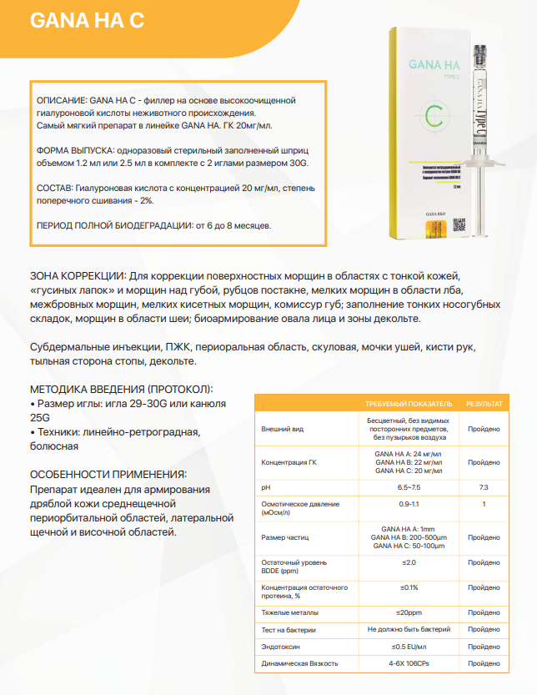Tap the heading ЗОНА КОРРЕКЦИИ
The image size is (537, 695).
click(x=78, y=276)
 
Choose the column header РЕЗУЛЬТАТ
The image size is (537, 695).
click(x=484, y=404)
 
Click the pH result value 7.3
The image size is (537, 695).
click(x=484, y=486)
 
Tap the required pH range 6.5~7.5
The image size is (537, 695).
click(x=409, y=486)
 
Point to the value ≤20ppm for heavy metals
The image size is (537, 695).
click(x=409, y=612)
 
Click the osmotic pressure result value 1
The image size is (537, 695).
click(x=484, y=505)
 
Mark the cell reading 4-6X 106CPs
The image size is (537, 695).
click(x=409, y=663)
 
